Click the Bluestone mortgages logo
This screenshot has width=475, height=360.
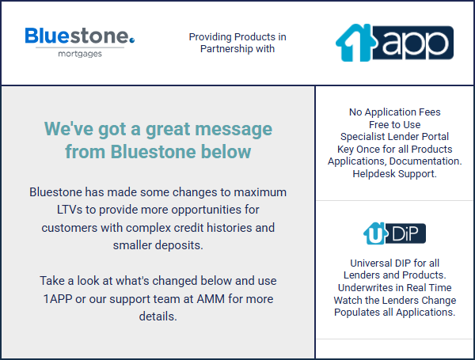(x=80, y=42)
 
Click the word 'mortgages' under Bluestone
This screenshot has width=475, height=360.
(x=80, y=54)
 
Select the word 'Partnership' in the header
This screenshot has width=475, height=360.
(x=226, y=49)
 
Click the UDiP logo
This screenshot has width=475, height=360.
(x=394, y=233)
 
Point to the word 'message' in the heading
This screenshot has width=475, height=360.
(x=234, y=129)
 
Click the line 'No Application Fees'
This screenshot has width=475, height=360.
(x=394, y=112)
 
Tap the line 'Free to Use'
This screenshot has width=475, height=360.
(x=394, y=124)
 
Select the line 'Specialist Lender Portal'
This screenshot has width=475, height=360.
(x=394, y=137)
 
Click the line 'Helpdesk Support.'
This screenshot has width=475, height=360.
(x=394, y=174)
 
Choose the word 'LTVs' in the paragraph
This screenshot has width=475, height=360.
(x=70, y=210)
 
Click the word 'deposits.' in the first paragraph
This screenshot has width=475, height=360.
(x=179, y=245)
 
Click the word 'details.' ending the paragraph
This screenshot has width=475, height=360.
(x=158, y=316)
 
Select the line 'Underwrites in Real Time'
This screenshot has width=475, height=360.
(x=394, y=288)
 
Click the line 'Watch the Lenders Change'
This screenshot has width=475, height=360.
(x=394, y=300)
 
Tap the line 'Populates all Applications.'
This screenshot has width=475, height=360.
(x=394, y=313)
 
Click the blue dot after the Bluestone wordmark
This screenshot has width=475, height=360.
(x=131, y=40)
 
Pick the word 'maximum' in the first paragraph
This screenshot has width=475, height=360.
(x=260, y=192)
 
